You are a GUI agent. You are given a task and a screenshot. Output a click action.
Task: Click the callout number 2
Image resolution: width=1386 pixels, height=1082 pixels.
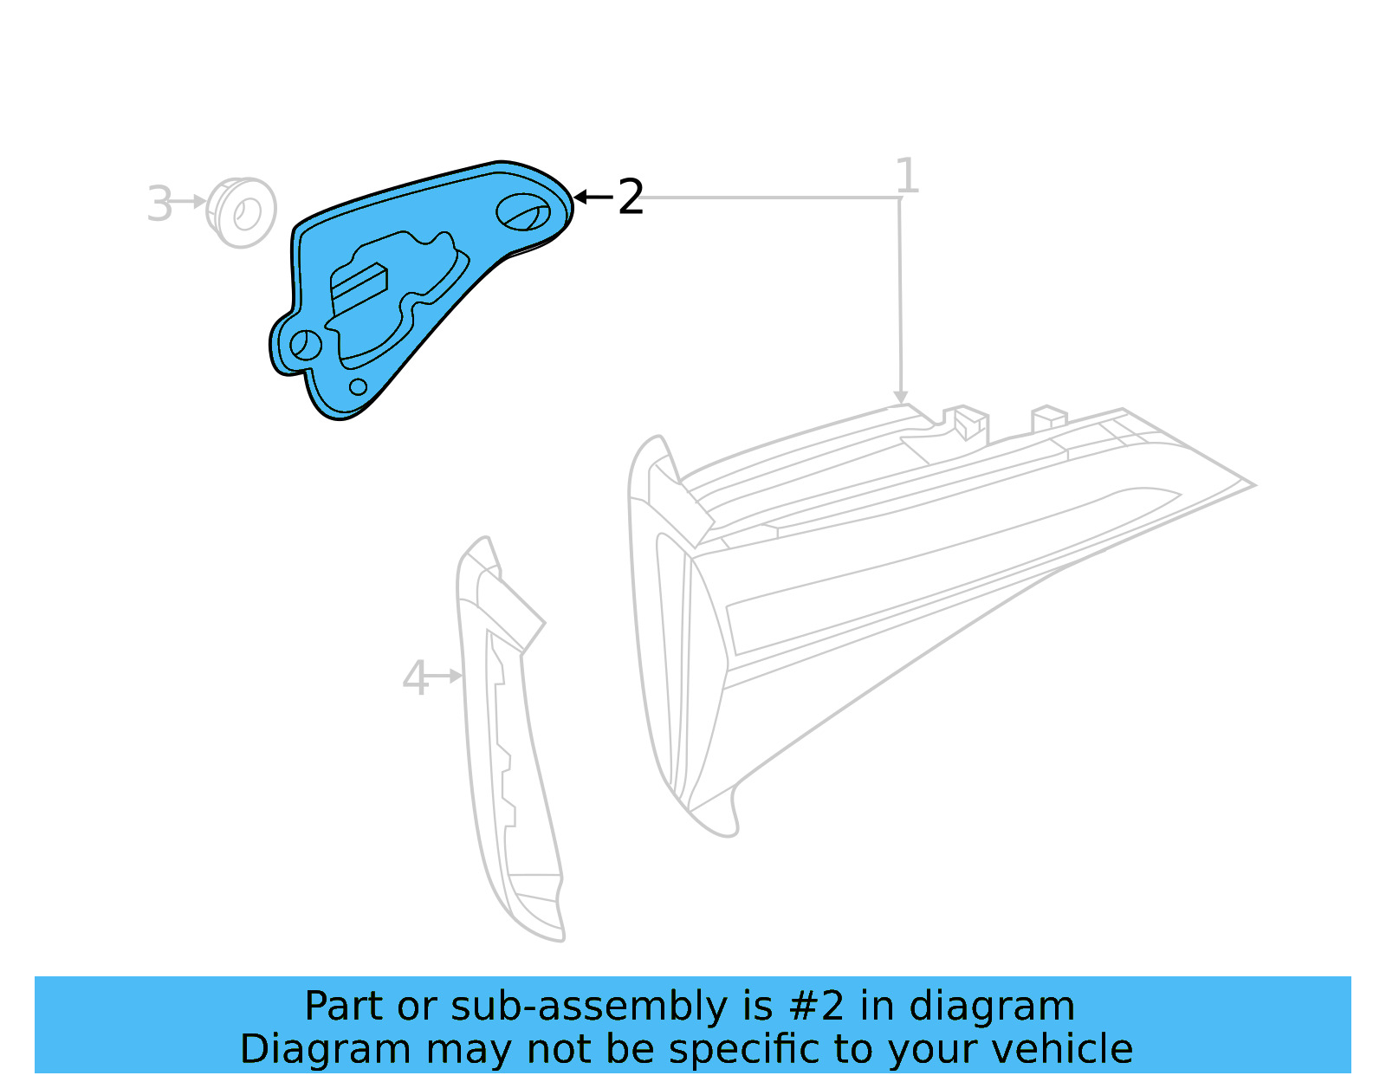631,198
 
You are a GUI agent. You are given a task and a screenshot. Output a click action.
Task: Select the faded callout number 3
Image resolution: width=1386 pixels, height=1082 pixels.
159,204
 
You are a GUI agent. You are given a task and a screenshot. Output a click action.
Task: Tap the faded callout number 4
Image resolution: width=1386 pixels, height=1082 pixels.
416,678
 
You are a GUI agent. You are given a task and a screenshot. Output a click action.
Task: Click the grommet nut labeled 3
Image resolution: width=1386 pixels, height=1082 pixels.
243,212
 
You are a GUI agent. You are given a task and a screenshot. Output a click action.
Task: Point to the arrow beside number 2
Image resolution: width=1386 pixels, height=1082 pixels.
593,198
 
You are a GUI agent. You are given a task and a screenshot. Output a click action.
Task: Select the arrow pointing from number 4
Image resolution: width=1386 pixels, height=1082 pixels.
445,676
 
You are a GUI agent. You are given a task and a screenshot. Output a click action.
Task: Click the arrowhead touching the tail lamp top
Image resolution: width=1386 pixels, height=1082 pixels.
901,396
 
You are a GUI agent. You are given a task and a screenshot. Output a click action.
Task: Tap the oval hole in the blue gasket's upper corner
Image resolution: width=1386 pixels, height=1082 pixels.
522,212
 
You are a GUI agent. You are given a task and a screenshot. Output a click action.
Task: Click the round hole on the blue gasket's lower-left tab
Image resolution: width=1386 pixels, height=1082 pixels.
305,345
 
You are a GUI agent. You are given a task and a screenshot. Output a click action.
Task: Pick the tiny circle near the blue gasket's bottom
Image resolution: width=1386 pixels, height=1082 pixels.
358,386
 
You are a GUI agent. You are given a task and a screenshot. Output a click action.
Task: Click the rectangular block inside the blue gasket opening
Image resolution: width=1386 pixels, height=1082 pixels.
359,287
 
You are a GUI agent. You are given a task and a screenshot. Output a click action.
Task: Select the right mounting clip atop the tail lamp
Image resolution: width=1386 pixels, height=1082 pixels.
1048,418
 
